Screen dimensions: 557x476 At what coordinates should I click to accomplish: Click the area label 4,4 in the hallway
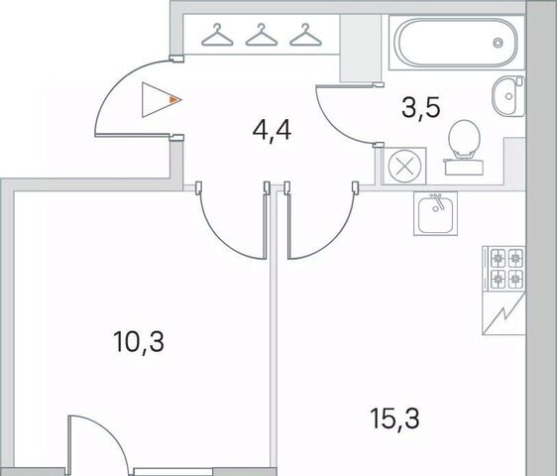click(x=272, y=130)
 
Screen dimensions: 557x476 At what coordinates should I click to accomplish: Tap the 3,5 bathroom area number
click(x=421, y=108)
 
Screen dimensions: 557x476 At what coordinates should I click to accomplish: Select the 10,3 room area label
click(x=139, y=341)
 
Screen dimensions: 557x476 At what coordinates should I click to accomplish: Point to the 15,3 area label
click(x=394, y=418)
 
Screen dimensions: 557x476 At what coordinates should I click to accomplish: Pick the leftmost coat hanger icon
click(x=217, y=35)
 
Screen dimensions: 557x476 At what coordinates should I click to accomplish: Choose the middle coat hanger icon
click(x=262, y=35)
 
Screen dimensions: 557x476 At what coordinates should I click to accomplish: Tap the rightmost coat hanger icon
click(x=305, y=35)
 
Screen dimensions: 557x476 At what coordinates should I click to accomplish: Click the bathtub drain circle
click(x=499, y=43)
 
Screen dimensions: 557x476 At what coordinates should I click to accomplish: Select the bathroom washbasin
click(x=508, y=96)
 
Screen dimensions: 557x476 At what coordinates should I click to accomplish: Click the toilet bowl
click(x=464, y=138)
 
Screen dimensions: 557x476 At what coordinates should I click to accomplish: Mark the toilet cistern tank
click(x=464, y=167)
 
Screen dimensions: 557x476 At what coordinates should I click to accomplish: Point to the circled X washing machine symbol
click(x=404, y=166)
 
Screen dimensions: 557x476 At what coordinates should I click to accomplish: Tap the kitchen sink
click(x=435, y=214)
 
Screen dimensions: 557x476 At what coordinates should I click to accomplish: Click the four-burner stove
click(x=503, y=269)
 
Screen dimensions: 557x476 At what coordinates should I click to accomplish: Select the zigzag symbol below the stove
click(x=503, y=313)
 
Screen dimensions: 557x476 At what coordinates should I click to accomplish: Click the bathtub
click(x=456, y=43)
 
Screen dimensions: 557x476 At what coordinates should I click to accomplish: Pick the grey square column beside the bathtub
click(x=360, y=48)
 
